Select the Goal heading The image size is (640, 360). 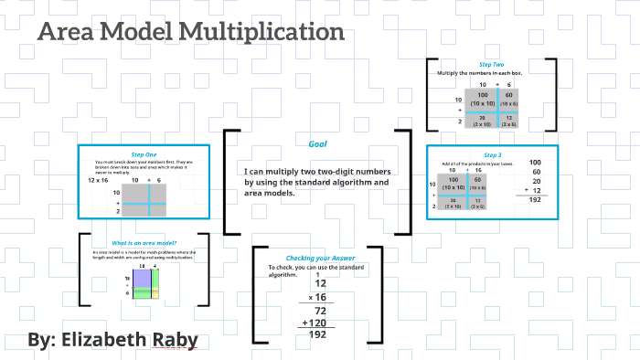[x=318, y=143]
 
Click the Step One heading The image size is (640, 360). [x=144, y=154]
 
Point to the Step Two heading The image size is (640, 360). [x=491, y=64]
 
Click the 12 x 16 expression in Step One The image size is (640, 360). [x=98, y=181]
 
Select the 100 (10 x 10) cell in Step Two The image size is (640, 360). [x=477, y=99]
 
